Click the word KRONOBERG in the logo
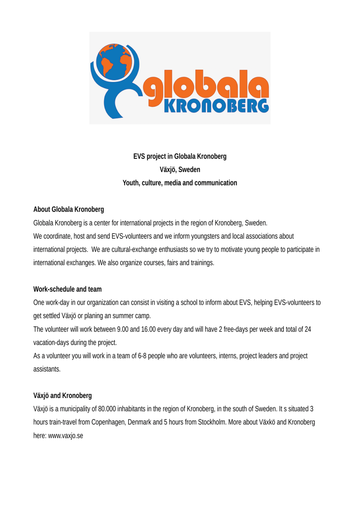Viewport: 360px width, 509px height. click(216, 106)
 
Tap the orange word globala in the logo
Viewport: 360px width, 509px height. click(206, 87)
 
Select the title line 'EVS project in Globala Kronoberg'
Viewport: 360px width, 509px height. click(180, 156)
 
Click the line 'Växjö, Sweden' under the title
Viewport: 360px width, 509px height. click(180, 169)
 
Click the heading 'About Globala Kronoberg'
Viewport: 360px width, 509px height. click(69, 209)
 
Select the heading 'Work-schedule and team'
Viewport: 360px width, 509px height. click(67, 289)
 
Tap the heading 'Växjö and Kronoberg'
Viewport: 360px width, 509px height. click(62, 395)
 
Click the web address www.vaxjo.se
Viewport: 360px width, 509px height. click(66, 436)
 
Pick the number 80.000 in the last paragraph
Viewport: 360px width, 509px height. click(107, 409)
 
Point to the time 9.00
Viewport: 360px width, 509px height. click(123, 329)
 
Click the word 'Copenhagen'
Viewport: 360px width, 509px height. click(108, 422)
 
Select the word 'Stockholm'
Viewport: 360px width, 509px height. click(211, 422)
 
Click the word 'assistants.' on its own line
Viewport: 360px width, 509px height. click(47, 369)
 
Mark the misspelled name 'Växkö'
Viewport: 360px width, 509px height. click(267, 422)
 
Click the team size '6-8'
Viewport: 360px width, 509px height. click(142, 356)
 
